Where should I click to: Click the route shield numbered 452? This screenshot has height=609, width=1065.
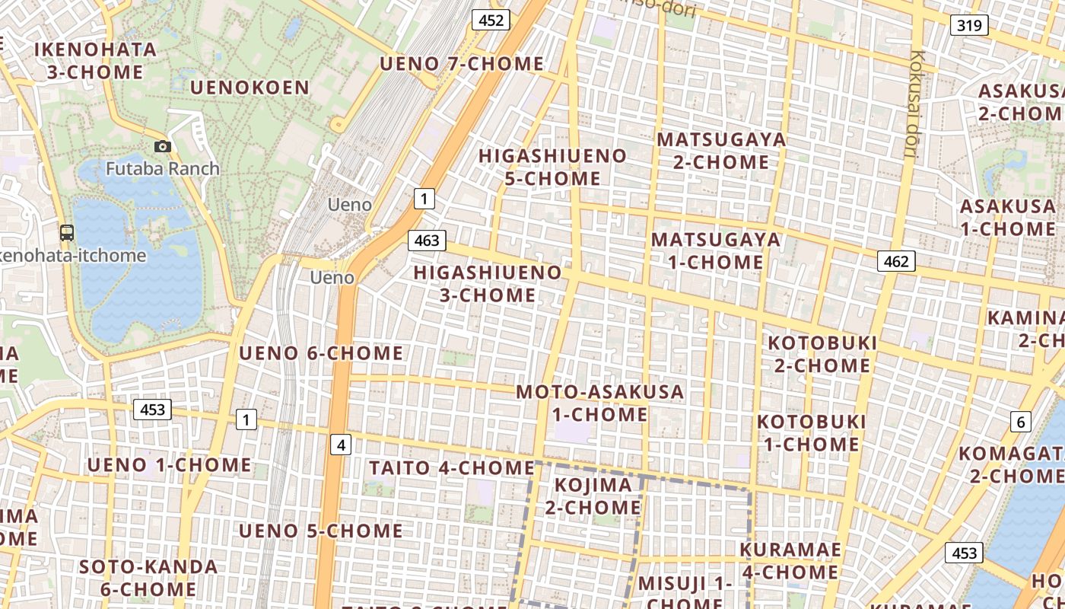(x=491, y=20)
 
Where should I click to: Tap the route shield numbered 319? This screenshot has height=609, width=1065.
(x=969, y=25)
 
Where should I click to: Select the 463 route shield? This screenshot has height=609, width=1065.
(x=427, y=241)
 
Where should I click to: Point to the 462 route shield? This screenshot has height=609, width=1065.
(x=896, y=262)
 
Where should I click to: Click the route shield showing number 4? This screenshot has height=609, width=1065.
(x=341, y=445)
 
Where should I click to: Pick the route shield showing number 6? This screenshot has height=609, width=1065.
(x=1021, y=422)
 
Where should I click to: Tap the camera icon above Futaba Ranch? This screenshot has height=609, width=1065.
(x=163, y=146)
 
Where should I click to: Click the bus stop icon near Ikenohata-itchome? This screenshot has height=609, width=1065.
(x=67, y=233)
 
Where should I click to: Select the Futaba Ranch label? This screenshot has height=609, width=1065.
(x=163, y=168)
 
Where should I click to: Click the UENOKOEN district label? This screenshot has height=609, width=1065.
(x=250, y=88)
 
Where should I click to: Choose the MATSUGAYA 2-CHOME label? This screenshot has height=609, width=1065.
(x=721, y=151)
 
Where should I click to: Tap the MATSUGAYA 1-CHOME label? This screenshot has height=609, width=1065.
(x=716, y=250)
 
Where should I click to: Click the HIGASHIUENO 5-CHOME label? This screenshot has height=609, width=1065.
(x=553, y=167)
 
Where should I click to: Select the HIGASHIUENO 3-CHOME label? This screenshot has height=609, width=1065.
(x=488, y=283)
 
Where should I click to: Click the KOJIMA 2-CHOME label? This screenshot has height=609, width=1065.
(x=593, y=496)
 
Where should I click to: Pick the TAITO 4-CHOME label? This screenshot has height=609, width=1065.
(x=452, y=467)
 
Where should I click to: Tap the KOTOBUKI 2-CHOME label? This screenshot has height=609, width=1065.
(x=822, y=354)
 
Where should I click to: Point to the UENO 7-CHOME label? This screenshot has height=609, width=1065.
(x=462, y=64)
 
